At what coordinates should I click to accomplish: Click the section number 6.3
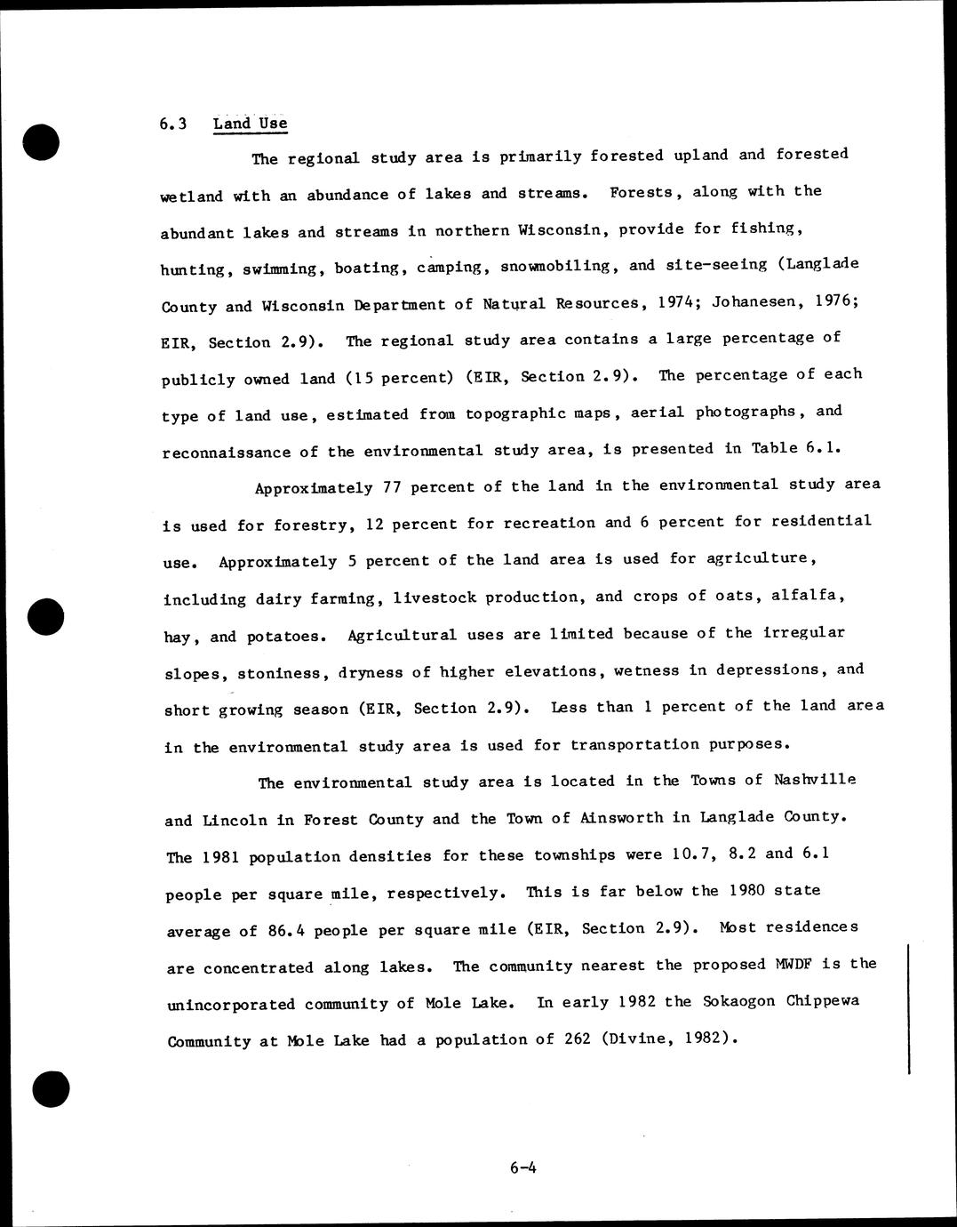[173, 124]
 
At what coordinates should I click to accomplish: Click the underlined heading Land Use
[250, 124]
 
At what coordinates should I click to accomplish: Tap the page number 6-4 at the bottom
[522, 1167]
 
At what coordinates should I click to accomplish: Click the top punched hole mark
[42, 142]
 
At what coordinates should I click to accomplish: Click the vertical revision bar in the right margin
[908, 1009]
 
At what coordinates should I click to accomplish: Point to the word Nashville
[815, 780]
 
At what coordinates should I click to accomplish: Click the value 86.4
[286, 931]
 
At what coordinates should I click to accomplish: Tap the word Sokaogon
[738, 1001]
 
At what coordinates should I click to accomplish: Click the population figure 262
[577, 1039]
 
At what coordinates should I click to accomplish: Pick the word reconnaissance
[227, 452]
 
